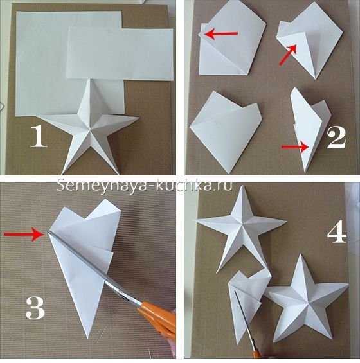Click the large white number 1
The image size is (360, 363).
click(x=39, y=137)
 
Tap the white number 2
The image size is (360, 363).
click(x=336, y=138)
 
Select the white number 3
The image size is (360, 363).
click(x=35, y=308)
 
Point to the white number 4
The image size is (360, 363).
click(x=337, y=232)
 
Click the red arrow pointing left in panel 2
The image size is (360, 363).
click(x=221, y=34)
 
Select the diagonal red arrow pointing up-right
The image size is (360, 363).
click(x=288, y=55)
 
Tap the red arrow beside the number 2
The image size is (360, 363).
click(x=295, y=147)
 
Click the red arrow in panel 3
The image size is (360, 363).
click(x=24, y=234)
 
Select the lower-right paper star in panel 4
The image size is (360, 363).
click(x=306, y=299)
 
